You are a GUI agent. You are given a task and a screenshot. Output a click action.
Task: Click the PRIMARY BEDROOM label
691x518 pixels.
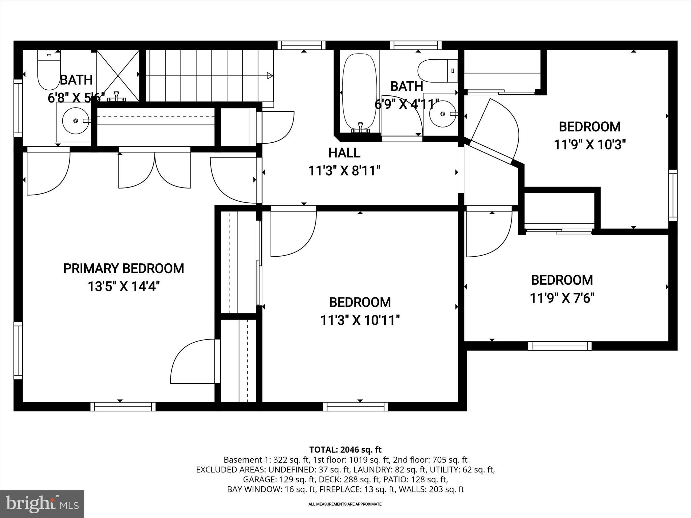123,268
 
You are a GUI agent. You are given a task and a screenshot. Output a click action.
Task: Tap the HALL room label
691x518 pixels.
344,153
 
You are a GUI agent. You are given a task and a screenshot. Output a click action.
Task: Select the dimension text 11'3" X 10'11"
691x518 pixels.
360,320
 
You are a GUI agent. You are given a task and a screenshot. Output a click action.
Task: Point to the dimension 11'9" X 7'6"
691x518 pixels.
562,298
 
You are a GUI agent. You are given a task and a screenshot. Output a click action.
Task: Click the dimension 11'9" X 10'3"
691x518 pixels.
590,145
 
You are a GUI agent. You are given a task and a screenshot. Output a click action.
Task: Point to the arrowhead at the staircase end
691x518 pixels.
270,76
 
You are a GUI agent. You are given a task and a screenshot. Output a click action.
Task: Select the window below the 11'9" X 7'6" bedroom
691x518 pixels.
559,346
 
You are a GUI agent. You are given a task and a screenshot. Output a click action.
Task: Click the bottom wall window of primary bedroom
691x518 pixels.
123,406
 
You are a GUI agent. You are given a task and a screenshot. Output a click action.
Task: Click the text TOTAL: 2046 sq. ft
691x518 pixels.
345,450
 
